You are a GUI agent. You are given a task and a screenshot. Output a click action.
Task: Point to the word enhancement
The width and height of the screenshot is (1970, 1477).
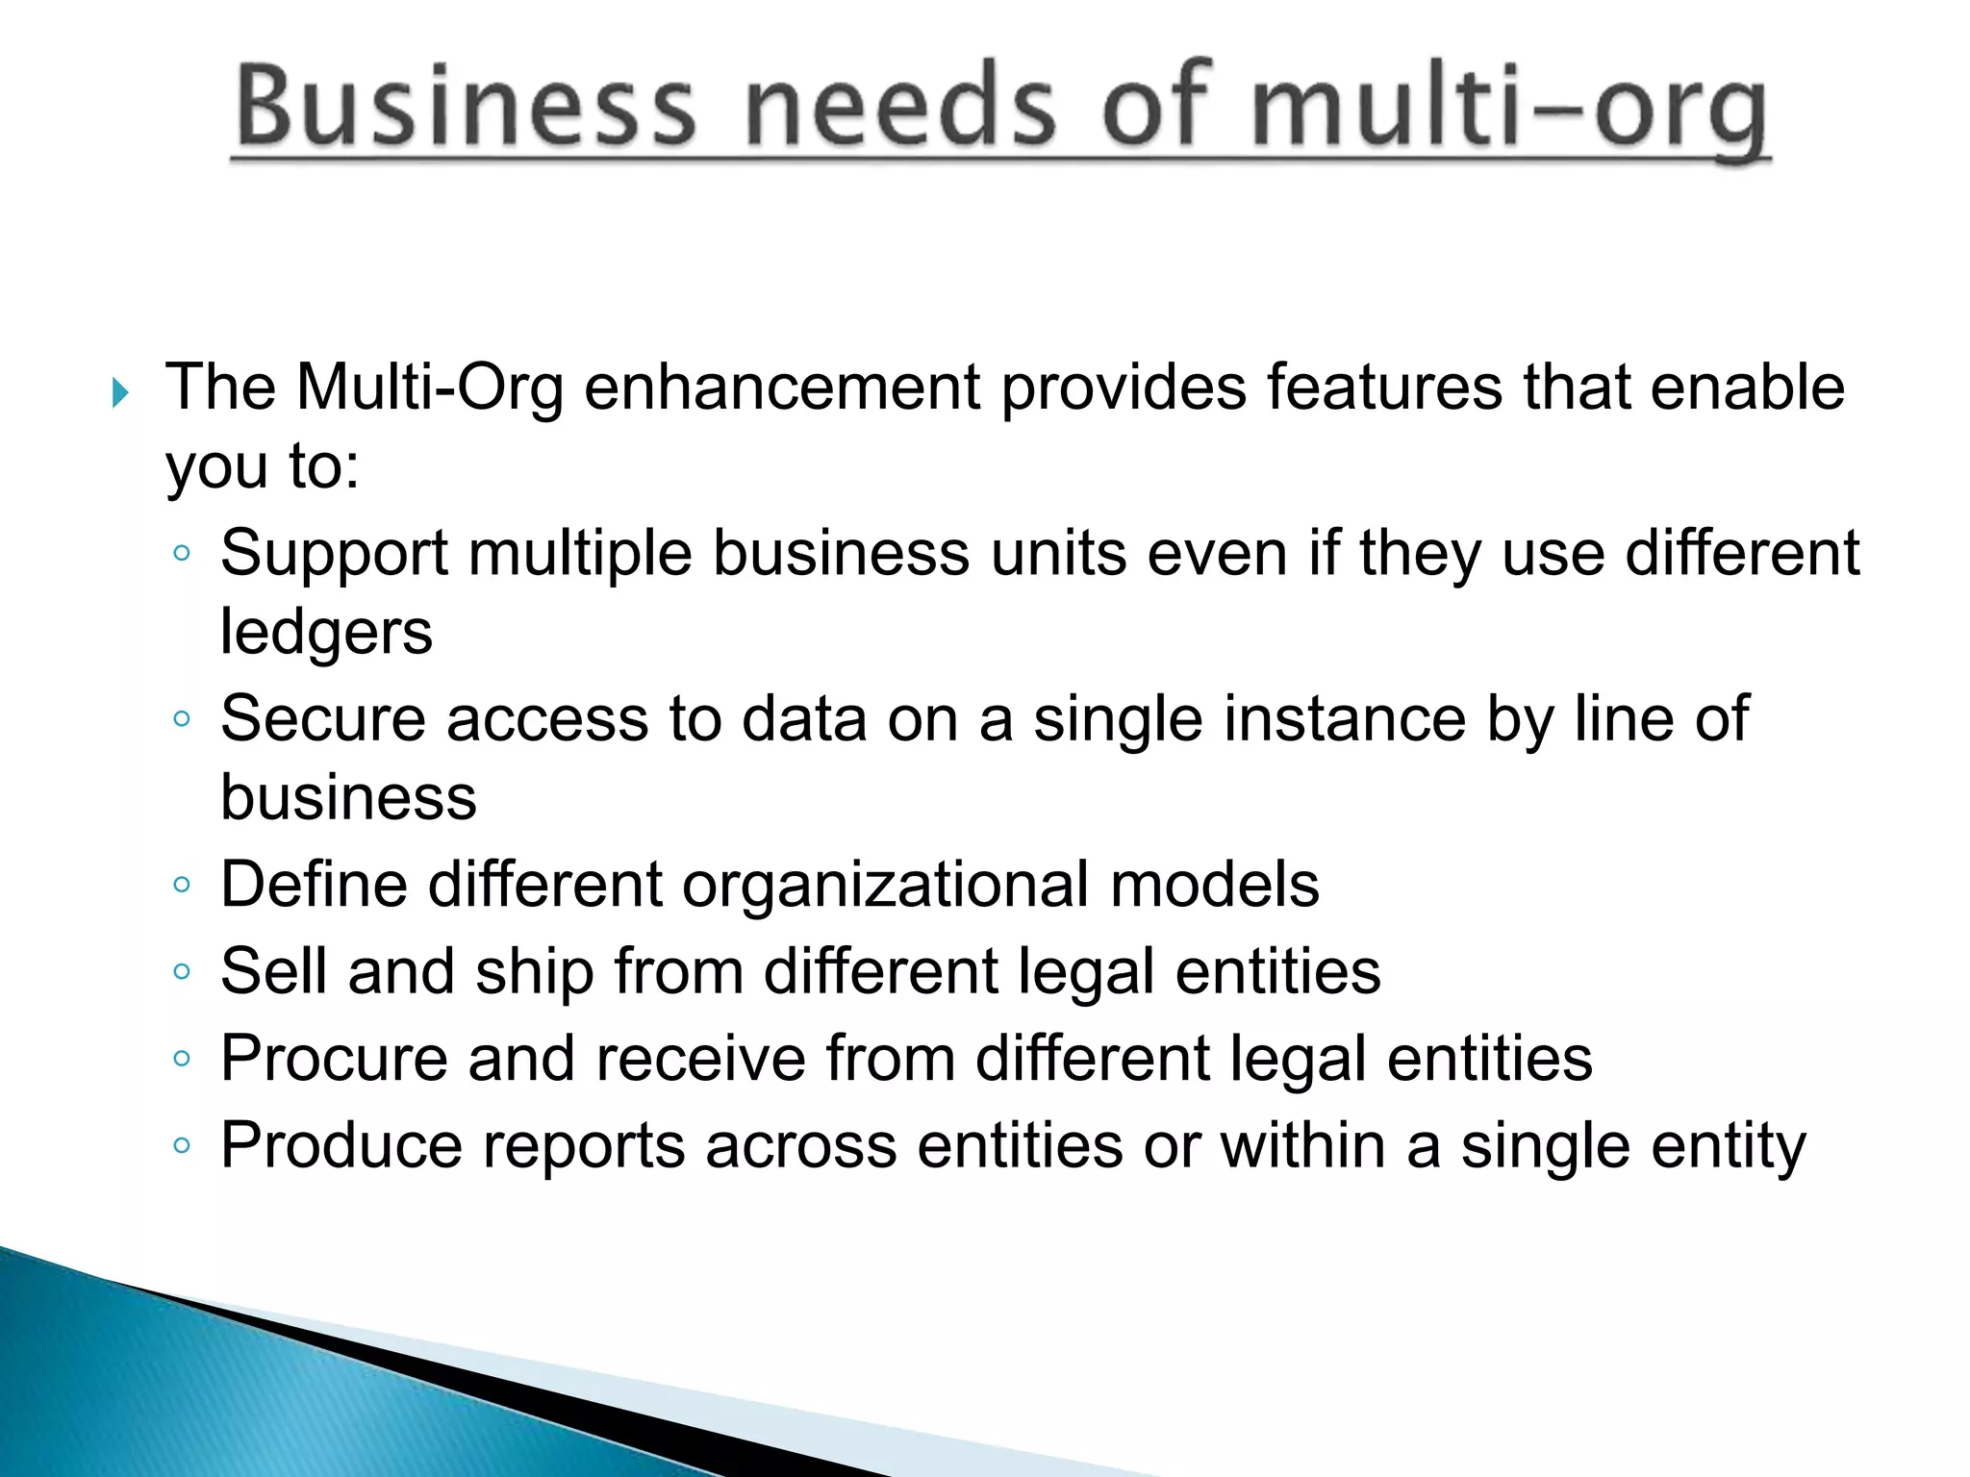pos(783,388)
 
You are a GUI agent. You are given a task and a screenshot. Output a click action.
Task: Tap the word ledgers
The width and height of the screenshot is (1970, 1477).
pos(326,634)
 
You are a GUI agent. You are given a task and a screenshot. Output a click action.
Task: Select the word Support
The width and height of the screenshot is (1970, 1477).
pos(334,555)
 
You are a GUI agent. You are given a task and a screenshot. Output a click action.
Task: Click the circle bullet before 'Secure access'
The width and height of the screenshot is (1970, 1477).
pos(182,718)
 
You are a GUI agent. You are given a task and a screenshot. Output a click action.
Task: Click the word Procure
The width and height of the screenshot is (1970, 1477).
pos(334,1059)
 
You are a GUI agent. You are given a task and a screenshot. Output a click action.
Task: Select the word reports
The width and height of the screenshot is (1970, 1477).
pos(583,1146)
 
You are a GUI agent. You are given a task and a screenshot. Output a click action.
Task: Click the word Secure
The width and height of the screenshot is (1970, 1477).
pos(322,718)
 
